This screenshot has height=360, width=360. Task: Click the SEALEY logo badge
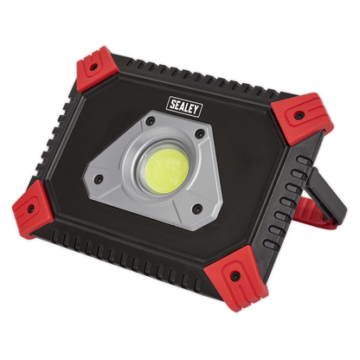tap(184, 106)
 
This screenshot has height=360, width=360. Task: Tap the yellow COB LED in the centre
tap(166, 172)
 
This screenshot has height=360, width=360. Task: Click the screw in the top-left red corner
tap(93, 67)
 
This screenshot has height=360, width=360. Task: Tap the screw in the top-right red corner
tap(299, 116)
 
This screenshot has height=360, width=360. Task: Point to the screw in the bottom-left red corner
tap(30, 209)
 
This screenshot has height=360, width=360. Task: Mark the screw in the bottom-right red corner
tap(235, 277)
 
